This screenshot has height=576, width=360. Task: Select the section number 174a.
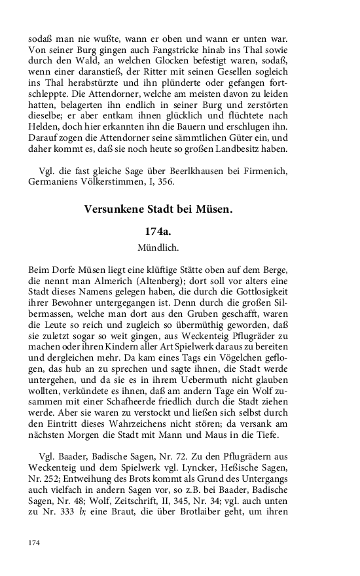[161, 232]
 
